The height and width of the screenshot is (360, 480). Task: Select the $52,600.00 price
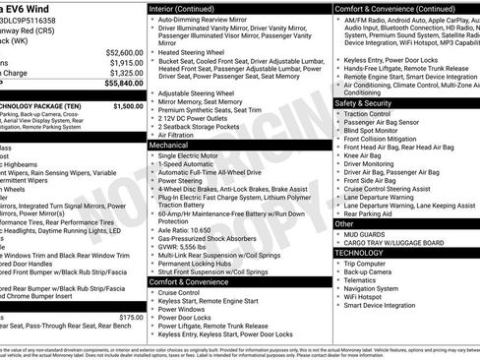tap(123, 52)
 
